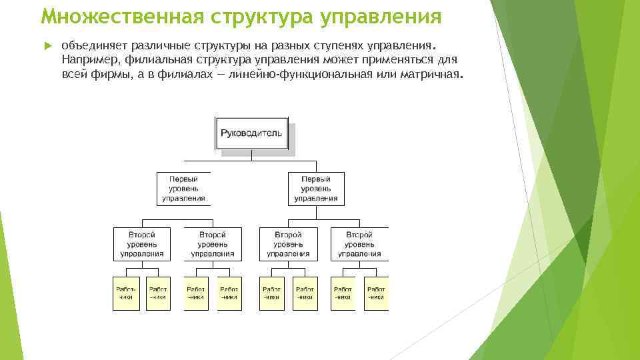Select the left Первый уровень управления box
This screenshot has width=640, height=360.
[x=183, y=189]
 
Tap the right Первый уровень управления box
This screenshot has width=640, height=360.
[x=316, y=189]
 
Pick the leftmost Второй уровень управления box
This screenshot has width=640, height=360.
[x=142, y=244]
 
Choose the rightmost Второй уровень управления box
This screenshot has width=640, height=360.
[x=359, y=244]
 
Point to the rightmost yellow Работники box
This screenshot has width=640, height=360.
[x=376, y=293]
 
